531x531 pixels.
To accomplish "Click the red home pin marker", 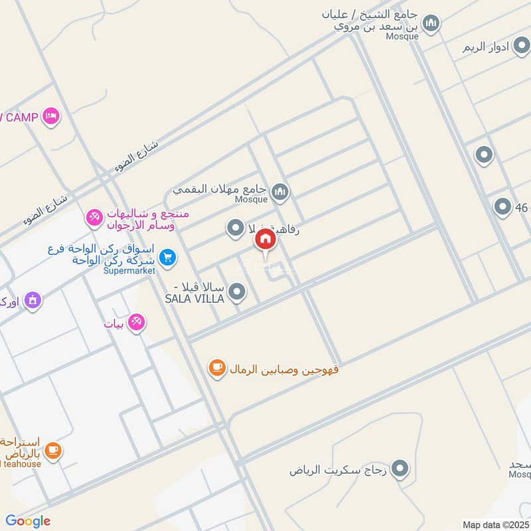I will point(265,240).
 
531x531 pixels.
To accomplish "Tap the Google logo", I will point(28,521).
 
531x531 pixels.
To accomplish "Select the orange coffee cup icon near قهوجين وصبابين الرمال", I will point(216,368).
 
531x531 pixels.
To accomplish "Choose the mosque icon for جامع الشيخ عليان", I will point(431,25).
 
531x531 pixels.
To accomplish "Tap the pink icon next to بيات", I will point(137,323).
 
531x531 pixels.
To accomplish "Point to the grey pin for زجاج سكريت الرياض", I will point(399,470).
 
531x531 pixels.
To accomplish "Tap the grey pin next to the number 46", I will point(502,207).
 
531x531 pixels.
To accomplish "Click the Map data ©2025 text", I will point(495,524).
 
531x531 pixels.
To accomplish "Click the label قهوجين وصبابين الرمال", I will point(284,368).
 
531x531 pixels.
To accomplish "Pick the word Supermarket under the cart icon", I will point(129,270).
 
